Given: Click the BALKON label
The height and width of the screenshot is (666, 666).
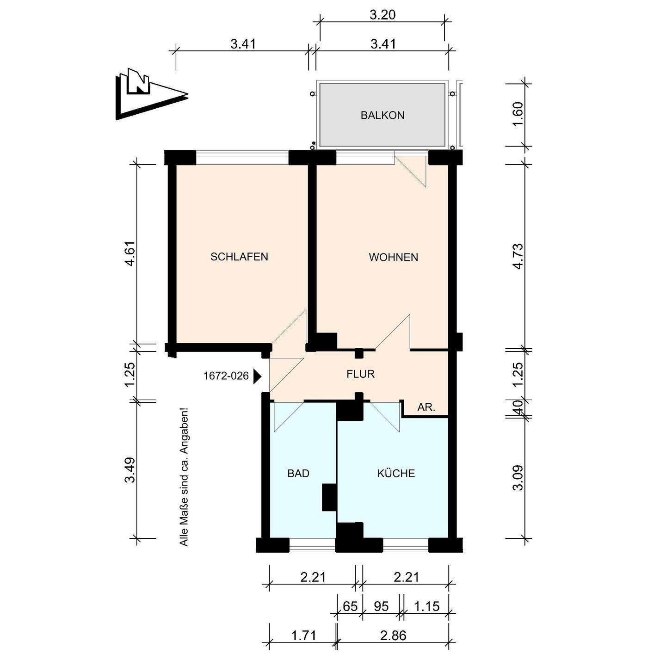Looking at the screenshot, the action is [382, 116].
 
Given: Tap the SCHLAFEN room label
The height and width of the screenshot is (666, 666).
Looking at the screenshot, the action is [239, 257].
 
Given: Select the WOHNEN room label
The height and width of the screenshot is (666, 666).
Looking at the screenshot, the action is [393, 258].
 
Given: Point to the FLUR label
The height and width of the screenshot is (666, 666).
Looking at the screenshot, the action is [360, 374].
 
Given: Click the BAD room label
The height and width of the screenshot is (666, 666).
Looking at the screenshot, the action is [298, 474].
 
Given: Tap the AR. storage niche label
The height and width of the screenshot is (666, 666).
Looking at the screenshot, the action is [426, 407].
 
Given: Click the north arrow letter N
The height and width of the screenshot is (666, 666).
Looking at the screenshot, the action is [139, 81].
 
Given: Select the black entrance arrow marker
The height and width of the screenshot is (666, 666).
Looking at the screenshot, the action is [258, 376].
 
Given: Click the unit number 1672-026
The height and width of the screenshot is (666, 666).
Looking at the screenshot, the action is [226, 376].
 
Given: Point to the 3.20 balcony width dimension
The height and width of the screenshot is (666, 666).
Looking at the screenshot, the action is [382, 15].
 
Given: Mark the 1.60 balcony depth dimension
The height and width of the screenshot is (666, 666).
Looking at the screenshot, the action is [519, 114].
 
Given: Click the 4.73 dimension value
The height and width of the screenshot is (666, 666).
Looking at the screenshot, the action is [519, 256].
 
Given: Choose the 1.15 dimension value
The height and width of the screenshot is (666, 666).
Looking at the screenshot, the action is [427, 606].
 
